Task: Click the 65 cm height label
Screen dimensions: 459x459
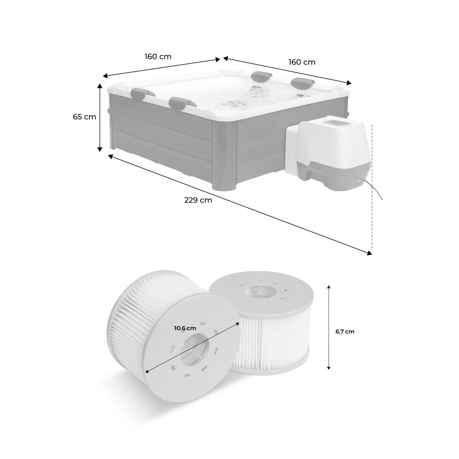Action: pyautogui.click(x=85, y=117)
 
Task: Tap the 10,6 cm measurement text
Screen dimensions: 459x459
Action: pyautogui.click(x=185, y=328)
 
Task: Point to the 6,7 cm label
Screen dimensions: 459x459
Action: pyautogui.click(x=345, y=332)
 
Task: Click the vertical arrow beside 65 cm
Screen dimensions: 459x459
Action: pyautogui.click(x=100, y=117)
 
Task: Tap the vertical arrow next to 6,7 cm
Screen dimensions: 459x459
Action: pyautogui.click(x=329, y=327)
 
